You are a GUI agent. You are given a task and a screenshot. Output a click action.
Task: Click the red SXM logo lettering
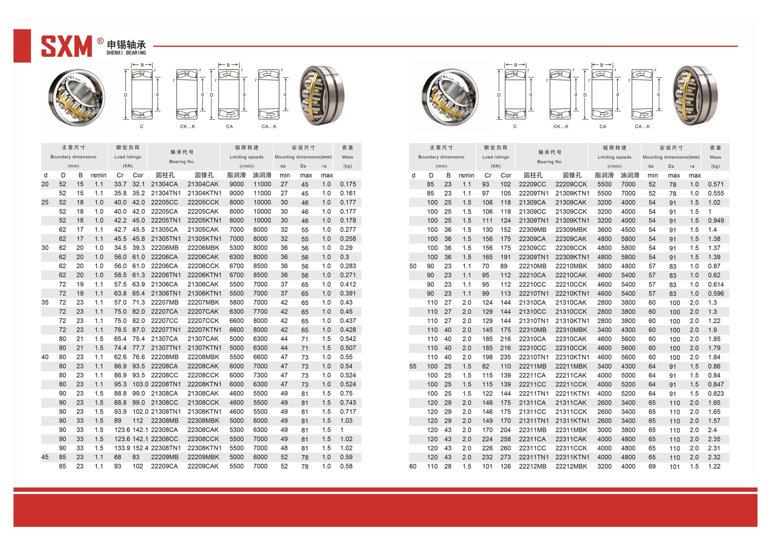(66, 46)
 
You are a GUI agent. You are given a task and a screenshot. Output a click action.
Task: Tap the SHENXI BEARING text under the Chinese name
(126, 53)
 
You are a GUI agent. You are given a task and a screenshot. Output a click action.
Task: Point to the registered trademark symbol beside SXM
(100, 41)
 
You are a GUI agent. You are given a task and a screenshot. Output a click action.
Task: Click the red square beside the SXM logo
(22, 46)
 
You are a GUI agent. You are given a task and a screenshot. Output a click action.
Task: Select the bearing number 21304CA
(164, 184)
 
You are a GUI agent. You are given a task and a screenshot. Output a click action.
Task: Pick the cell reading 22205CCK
(203, 202)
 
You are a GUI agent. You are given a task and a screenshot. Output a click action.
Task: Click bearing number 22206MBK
(203, 248)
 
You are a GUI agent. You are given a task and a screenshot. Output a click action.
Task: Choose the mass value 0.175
(347, 184)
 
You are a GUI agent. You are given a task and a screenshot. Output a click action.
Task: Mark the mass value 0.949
(716, 221)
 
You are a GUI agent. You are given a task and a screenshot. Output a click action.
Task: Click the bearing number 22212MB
(532, 467)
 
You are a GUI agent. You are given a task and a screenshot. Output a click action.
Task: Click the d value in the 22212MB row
(413, 467)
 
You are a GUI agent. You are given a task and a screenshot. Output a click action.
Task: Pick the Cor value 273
(505, 457)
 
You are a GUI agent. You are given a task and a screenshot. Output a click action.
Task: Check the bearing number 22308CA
(164, 430)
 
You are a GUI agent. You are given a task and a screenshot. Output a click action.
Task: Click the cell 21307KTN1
(204, 348)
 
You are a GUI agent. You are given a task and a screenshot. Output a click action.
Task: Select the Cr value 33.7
(120, 184)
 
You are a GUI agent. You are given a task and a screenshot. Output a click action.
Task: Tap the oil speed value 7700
(260, 312)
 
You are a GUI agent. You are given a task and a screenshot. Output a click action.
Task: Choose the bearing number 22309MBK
(571, 230)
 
